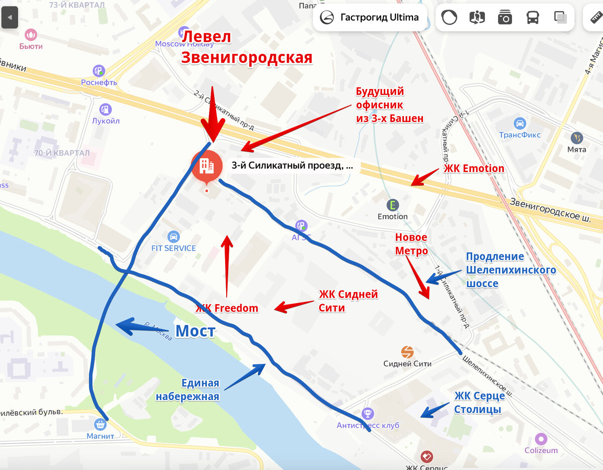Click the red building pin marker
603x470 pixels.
[206, 165]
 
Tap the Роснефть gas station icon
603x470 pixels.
[99, 71]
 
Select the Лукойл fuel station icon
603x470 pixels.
[106, 109]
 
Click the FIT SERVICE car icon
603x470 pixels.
[173, 236]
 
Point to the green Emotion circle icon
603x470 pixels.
[392, 205]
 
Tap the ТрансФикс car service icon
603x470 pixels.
[520, 123]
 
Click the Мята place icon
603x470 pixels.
[577, 138]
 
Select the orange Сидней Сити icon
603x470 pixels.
[407, 352]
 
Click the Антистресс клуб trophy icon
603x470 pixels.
[368, 414]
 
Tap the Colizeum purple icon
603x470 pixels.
[541, 439]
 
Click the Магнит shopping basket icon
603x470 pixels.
[100, 425]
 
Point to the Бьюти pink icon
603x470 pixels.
[31, 35]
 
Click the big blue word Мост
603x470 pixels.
[195, 331]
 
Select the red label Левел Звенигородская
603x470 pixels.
[246, 47]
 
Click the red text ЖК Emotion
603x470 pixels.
[474, 168]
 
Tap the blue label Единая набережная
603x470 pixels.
[187, 390]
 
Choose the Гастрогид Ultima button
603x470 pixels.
[370, 18]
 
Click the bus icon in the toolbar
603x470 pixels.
[532, 18]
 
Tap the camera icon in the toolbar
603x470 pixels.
[505, 18]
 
